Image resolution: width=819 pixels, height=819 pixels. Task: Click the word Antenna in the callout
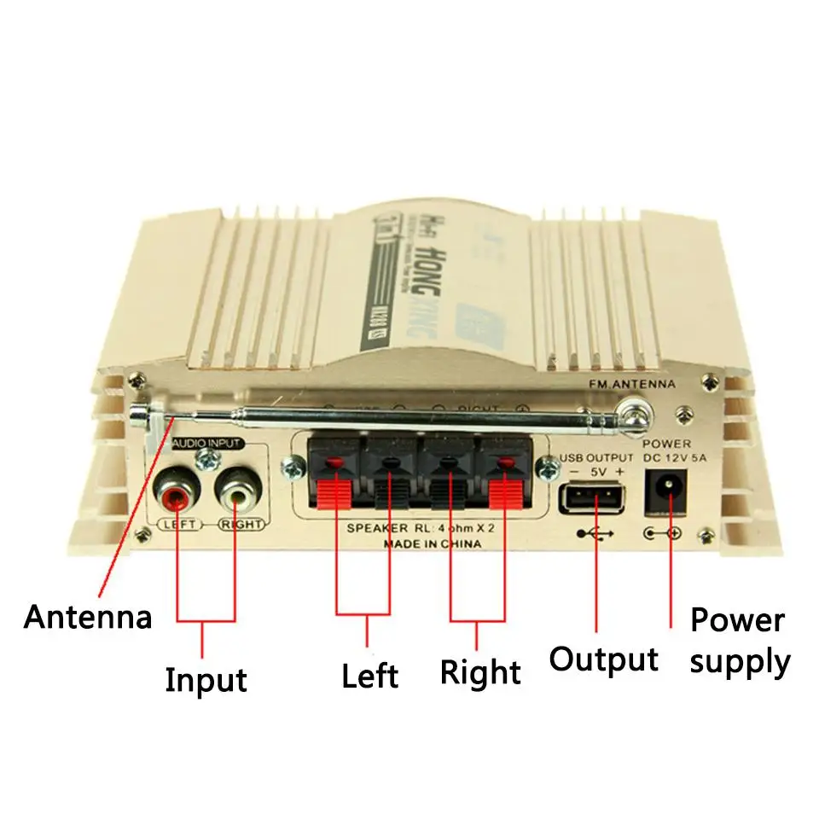tap(88, 616)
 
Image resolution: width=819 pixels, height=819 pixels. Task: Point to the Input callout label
tap(206, 680)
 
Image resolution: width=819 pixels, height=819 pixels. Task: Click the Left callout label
tap(369, 676)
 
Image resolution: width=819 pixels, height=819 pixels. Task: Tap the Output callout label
tap(603, 659)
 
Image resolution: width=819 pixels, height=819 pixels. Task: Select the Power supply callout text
tap(740, 640)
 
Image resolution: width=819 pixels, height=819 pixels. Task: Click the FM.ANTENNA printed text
tap(632, 385)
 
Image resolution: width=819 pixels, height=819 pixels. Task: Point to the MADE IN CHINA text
tap(433, 543)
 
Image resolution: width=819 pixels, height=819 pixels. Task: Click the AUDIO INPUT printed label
tap(206, 444)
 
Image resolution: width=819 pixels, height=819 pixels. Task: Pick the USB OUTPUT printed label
tap(596, 458)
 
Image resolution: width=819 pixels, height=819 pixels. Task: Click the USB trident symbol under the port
tap(594, 534)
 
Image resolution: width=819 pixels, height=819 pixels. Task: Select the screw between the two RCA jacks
tap(205, 462)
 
